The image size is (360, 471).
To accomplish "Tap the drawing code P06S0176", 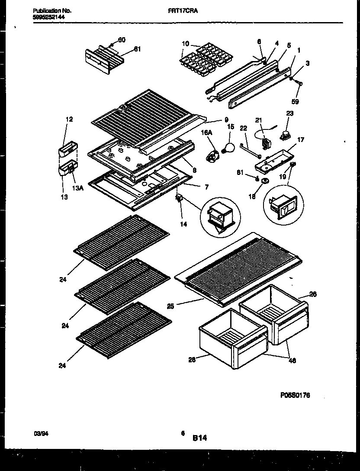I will [295, 395].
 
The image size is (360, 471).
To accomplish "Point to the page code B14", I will [199, 438].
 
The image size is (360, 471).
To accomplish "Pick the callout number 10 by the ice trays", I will [185, 43].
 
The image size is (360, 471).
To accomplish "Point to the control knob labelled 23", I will [286, 135].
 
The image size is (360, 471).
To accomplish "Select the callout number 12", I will [69, 119].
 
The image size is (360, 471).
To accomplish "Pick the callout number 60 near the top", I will [122, 40].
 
